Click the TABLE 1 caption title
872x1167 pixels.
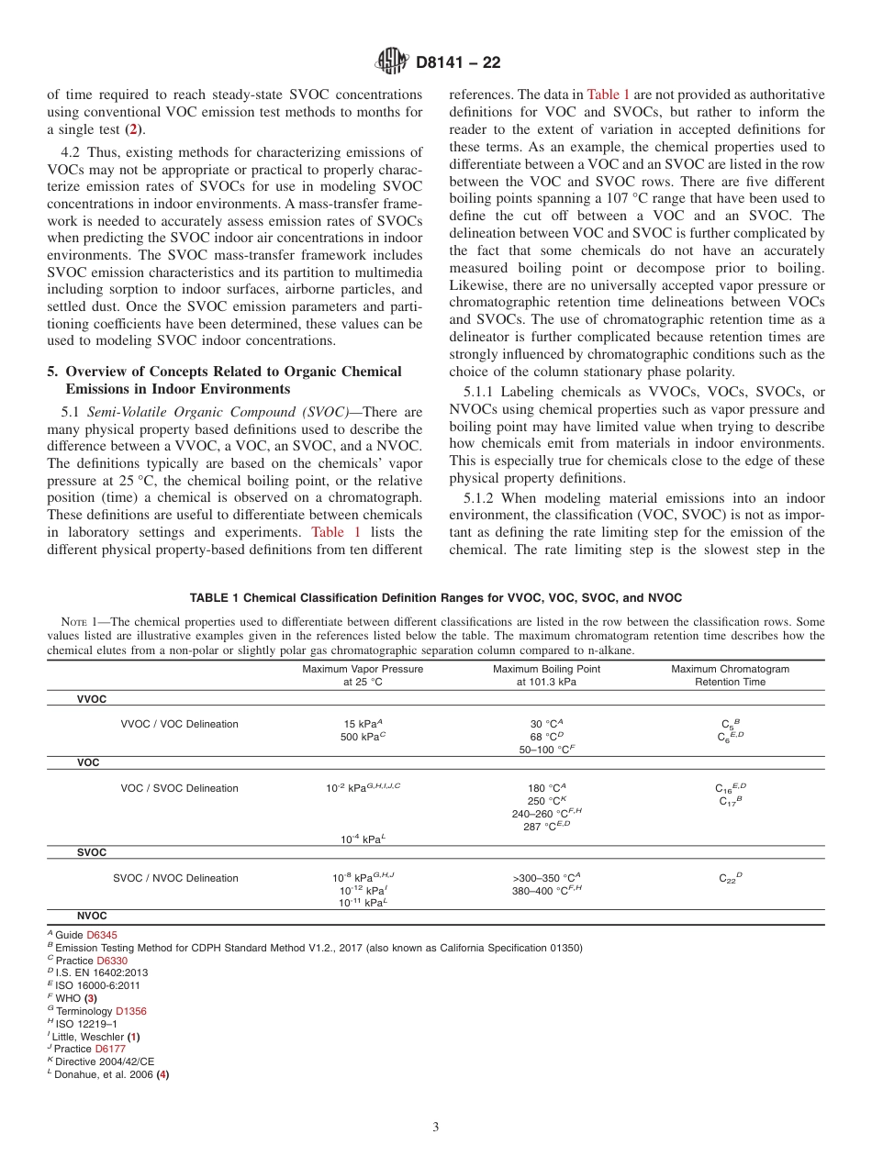pyautogui.click(x=436, y=597)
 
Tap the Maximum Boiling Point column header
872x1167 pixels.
pyautogui.click(x=546, y=675)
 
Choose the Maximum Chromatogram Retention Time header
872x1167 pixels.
pyautogui.click(x=730, y=675)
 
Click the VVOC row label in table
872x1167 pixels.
pyautogui.click(x=91, y=699)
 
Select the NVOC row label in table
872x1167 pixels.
pyautogui.click(x=91, y=916)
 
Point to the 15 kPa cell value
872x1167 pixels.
pyautogui.click(x=362, y=724)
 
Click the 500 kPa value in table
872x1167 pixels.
pyautogui.click(x=362, y=737)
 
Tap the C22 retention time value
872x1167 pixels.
pyautogui.click(x=730, y=878)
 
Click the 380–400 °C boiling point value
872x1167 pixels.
pyautogui.click(x=546, y=891)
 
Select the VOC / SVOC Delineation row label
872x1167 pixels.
pyautogui.click(x=179, y=788)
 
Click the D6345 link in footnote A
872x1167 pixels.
pyautogui.click(x=102, y=935)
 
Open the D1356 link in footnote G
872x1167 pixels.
pyautogui.click(x=130, y=1011)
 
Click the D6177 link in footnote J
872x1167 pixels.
pyautogui.click(x=111, y=1049)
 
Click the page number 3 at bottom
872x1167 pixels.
pyautogui.click(x=436, y=1128)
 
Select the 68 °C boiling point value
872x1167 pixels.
pyautogui.click(x=546, y=737)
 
